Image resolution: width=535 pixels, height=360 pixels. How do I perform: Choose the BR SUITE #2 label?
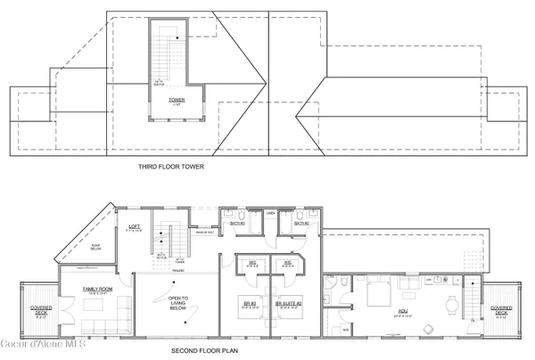click(289, 304)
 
